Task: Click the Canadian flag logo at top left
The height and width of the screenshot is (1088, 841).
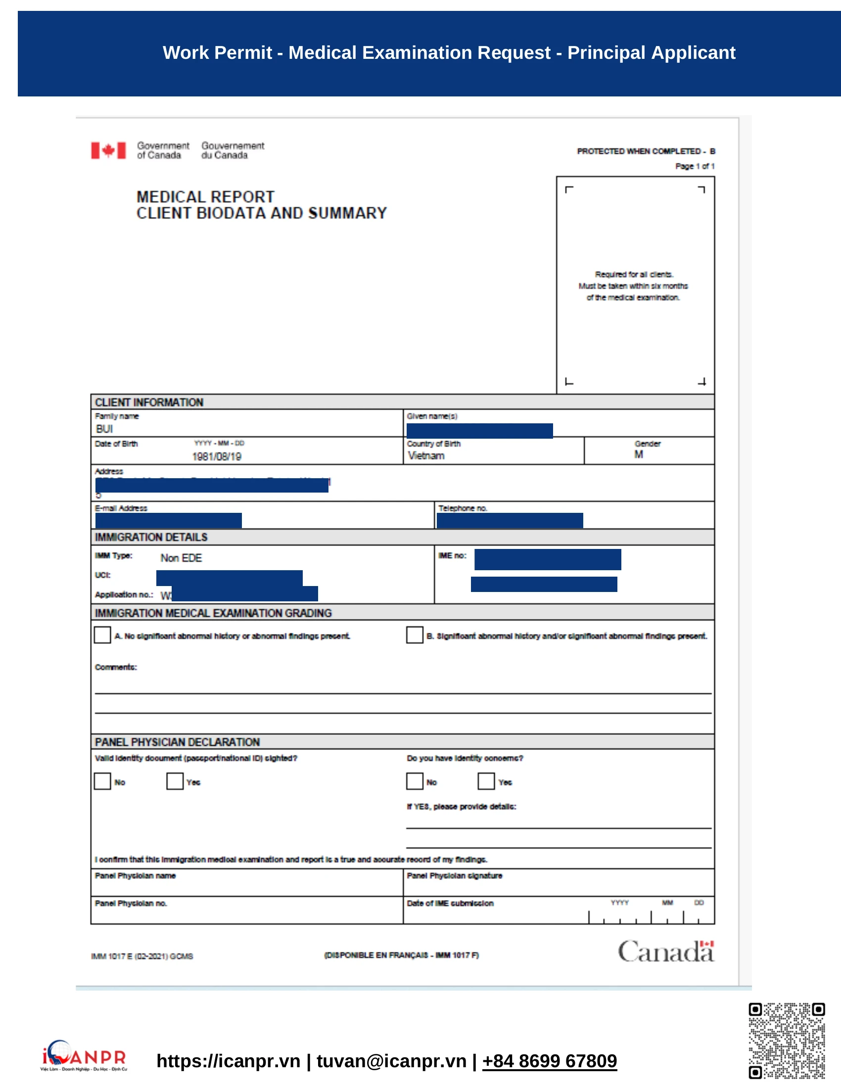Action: [108, 150]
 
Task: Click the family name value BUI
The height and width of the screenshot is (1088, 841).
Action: [104, 429]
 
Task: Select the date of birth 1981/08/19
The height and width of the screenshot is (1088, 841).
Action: [217, 456]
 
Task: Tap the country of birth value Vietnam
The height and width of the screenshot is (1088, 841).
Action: [426, 455]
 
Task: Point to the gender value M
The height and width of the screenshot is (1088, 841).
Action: [638, 454]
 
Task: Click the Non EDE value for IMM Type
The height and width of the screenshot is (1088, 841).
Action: [181, 558]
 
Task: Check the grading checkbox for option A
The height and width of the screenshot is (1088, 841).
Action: [102, 635]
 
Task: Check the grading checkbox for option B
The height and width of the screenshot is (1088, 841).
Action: [414, 635]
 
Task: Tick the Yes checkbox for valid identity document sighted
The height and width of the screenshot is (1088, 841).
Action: [174, 781]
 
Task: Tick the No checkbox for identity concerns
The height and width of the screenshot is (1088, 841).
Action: [414, 781]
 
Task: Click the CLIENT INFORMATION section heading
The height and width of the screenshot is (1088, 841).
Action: [149, 402]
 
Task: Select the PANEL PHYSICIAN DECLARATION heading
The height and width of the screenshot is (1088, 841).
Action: [177, 742]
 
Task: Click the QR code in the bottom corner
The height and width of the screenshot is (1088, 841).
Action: [786, 1040]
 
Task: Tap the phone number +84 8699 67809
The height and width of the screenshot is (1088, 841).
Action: [549, 1061]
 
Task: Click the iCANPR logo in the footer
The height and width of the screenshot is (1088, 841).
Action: [84, 1056]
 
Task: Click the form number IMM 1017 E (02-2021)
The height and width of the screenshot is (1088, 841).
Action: [141, 956]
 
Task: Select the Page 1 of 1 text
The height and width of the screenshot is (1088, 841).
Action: [695, 166]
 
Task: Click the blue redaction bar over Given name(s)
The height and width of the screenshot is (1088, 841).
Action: [479, 431]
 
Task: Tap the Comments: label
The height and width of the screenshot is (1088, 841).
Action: [116, 667]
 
